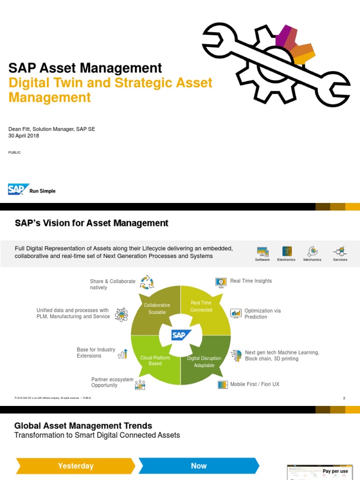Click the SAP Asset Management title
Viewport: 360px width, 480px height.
point(85,68)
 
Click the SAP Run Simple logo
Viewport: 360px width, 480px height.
point(31,189)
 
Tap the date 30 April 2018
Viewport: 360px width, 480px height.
point(24,136)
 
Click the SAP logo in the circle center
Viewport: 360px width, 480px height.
point(181,335)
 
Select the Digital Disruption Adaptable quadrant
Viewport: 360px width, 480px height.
point(204,361)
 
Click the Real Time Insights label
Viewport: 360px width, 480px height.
point(251,281)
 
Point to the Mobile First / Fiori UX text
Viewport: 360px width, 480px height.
point(255,384)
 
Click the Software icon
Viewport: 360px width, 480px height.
point(262,251)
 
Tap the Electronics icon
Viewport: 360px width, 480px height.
point(286,251)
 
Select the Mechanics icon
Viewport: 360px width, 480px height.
point(312,251)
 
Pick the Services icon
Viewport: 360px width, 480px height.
point(340,251)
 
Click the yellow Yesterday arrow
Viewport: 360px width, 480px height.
point(75,466)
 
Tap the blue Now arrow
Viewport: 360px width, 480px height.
point(199,466)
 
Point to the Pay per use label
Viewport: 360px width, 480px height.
point(335,471)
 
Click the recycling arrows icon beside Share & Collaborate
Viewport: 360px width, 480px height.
point(147,282)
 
